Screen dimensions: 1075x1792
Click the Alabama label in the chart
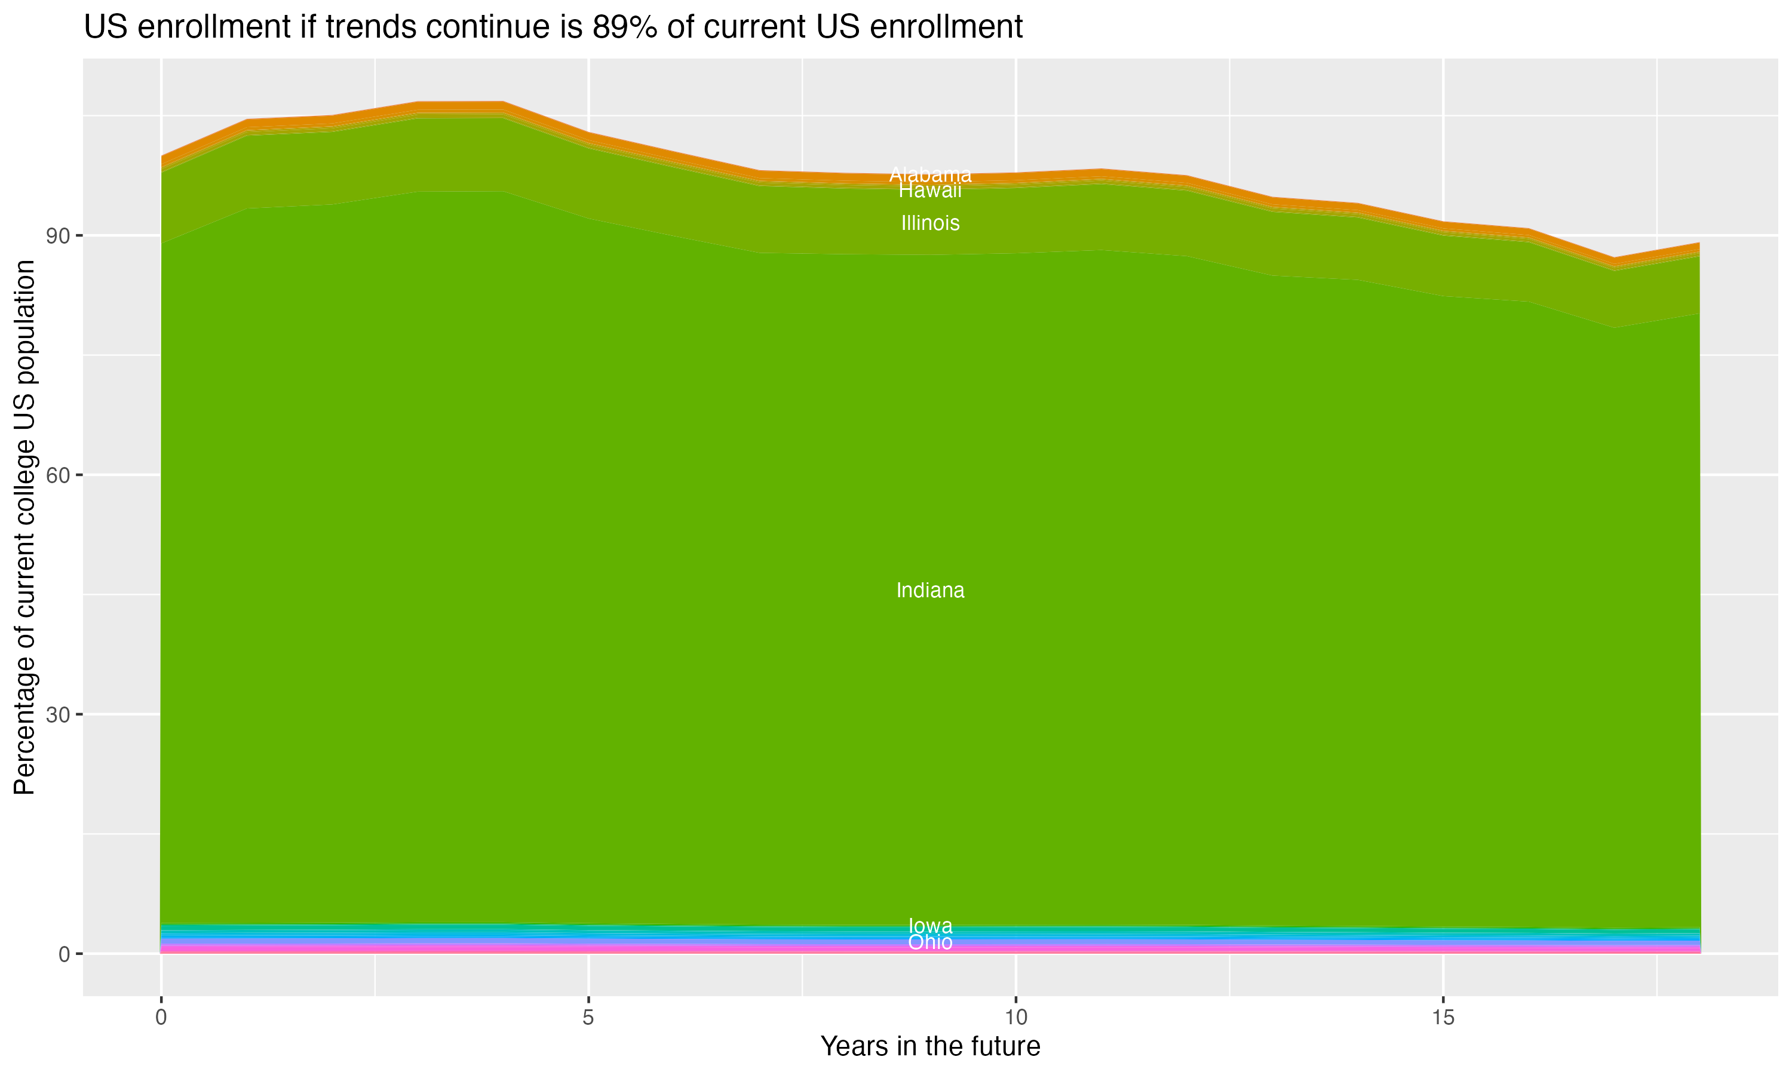(x=930, y=174)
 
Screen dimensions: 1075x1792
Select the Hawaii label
(x=930, y=191)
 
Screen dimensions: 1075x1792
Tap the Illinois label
(x=930, y=223)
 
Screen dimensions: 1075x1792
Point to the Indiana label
(x=930, y=591)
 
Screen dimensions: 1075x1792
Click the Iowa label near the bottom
(x=930, y=926)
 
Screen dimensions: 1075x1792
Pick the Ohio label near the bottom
(x=930, y=942)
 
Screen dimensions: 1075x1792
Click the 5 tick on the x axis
(x=588, y=1018)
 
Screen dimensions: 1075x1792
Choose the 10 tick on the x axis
(x=1015, y=1018)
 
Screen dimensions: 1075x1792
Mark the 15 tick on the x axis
(x=1443, y=1018)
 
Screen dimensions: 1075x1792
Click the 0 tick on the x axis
(x=161, y=1018)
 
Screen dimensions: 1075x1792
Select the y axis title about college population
(x=24, y=527)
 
